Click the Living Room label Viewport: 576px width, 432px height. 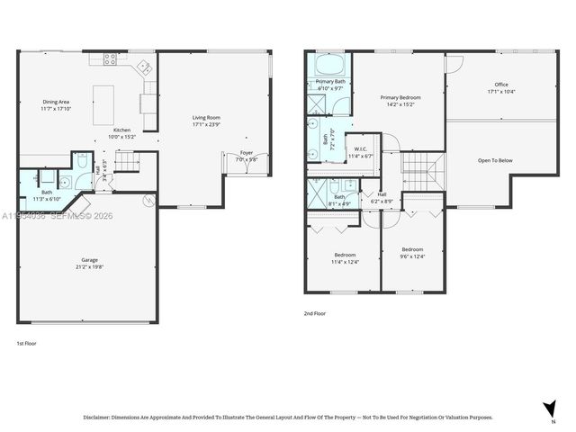[206, 117]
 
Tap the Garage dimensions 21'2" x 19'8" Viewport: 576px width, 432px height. [90, 266]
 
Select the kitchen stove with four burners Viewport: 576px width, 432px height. [111, 60]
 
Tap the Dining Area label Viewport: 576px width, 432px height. [56, 102]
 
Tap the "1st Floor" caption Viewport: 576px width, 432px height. [27, 344]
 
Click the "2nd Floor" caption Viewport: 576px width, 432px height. [315, 314]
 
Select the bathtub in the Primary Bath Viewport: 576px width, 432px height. [325, 67]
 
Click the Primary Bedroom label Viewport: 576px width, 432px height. [400, 97]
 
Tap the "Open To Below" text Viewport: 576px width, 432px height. [494, 160]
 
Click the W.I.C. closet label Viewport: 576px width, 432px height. [360, 149]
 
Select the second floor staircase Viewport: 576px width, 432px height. [418, 167]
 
